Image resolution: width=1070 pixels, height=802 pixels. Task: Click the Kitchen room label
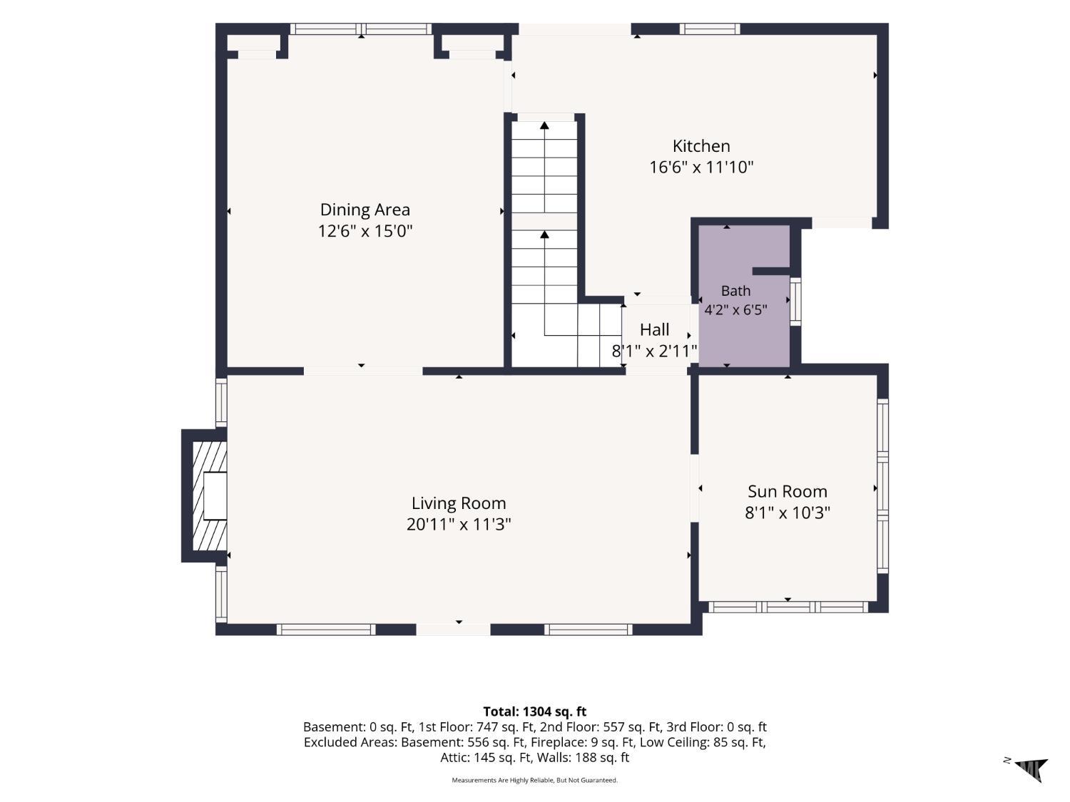pyautogui.click(x=701, y=146)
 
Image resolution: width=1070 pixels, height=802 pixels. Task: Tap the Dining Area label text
pyautogui.click(x=365, y=210)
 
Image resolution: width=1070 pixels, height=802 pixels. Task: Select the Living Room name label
pyautogui.click(x=458, y=503)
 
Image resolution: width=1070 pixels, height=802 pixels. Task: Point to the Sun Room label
pyautogui.click(x=788, y=492)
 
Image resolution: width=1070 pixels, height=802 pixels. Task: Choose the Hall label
pyautogui.click(x=654, y=329)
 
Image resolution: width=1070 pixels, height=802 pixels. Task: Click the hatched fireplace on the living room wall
pyautogui.click(x=210, y=495)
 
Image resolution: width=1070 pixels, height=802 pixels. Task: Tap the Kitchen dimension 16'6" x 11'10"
pyautogui.click(x=701, y=168)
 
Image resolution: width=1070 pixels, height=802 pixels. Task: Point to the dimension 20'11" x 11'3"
pyautogui.click(x=458, y=525)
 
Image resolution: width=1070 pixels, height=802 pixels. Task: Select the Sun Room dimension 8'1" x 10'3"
pyautogui.click(x=788, y=513)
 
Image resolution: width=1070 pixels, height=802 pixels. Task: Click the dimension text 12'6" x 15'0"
pyautogui.click(x=365, y=231)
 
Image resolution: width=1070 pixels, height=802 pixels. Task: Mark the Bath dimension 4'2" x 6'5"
pyautogui.click(x=735, y=309)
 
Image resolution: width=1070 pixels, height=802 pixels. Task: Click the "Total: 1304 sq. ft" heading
pyautogui.click(x=535, y=711)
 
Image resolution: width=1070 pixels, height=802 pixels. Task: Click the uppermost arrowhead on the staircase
pyautogui.click(x=544, y=125)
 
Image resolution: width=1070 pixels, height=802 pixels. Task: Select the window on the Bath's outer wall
pyautogui.click(x=795, y=302)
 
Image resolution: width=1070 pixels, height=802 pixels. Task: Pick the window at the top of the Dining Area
pyautogui.click(x=361, y=29)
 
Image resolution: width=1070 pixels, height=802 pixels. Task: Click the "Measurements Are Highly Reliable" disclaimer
pyautogui.click(x=534, y=780)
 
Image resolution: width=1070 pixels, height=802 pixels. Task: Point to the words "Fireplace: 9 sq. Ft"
pyautogui.click(x=583, y=742)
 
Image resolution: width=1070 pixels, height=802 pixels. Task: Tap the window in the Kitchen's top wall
pyautogui.click(x=710, y=29)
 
